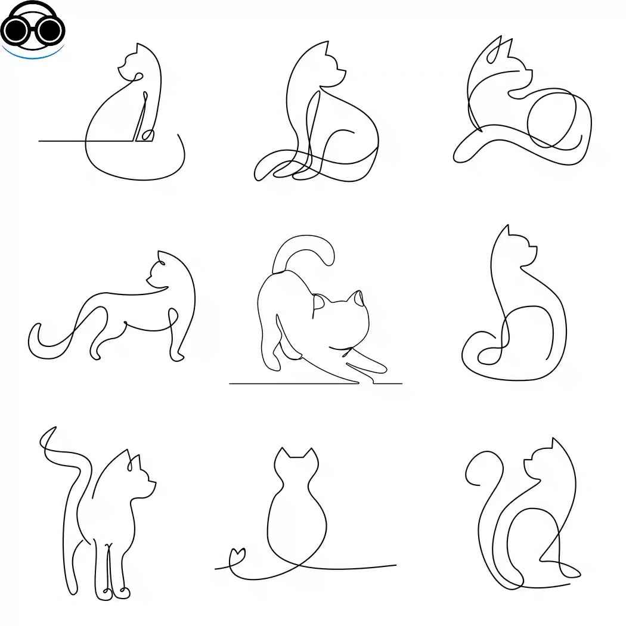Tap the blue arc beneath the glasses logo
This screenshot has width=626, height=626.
pyautogui.click(x=33, y=55)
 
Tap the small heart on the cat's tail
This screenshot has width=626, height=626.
pyautogui.click(x=238, y=554)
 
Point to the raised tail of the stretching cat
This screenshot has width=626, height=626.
pyautogui.click(x=304, y=247)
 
